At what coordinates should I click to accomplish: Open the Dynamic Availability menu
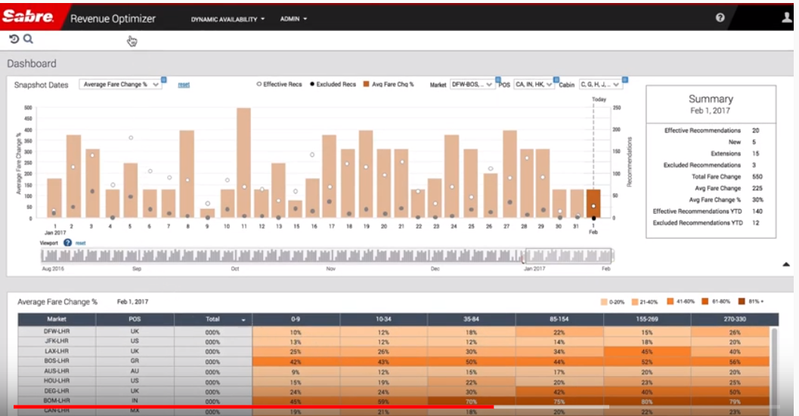[x=228, y=19]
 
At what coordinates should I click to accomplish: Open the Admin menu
[x=293, y=19]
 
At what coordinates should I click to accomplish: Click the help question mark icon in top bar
[x=720, y=18]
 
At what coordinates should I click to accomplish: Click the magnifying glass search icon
[x=28, y=39]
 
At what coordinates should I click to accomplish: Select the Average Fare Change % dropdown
[x=121, y=85]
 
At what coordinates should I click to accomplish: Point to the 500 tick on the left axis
[x=29, y=108]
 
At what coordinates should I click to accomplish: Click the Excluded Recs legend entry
[x=333, y=85]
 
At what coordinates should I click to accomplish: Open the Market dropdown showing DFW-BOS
[x=472, y=85]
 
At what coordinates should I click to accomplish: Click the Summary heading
[x=711, y=99]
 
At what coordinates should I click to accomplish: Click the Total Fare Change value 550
[x=756, y=176]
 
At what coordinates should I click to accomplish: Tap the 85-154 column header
[x=559, y=319]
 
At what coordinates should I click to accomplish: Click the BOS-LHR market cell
[x=57, y=362]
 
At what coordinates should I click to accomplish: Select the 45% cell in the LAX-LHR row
[x=646, y=352]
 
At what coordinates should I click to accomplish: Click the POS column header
[x=135, y=319]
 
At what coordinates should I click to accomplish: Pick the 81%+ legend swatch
[x=742, y=301]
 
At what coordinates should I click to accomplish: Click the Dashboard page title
[x=32, y=63]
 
